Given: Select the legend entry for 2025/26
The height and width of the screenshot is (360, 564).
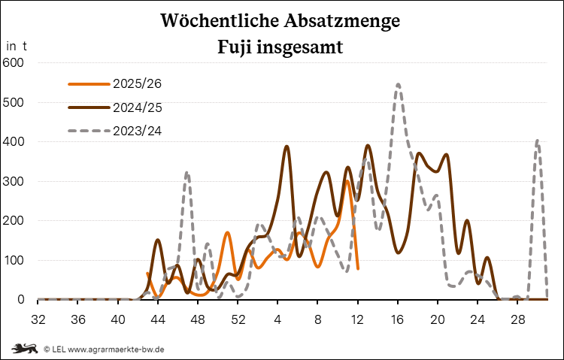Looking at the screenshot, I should [138, 83].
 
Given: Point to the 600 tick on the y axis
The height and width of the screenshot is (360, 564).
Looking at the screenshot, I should [14, 62].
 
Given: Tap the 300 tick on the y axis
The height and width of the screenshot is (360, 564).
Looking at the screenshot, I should [14, 181].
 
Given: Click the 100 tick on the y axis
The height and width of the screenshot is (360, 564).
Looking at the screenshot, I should [14, 260].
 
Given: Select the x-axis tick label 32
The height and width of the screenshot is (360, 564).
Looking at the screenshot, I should [38, 319].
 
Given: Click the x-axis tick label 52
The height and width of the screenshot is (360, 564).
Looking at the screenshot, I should [238, 319].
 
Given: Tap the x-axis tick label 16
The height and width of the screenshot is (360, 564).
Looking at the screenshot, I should [397, 319].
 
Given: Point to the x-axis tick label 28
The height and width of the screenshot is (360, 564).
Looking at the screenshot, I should [517, 319].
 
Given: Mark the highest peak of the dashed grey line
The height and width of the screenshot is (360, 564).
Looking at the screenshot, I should [398, 84].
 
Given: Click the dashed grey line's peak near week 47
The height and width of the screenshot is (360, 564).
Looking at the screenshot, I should [187, 174].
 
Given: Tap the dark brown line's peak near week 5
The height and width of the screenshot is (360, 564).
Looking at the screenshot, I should [287, 147].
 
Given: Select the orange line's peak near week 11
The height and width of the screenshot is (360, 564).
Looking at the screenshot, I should [347, 181].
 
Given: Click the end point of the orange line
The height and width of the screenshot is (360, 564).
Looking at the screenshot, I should [358, 268].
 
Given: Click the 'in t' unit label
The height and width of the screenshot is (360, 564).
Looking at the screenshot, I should [17, 45].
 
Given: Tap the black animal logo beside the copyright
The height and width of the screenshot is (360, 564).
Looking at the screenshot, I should [26, 348].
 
